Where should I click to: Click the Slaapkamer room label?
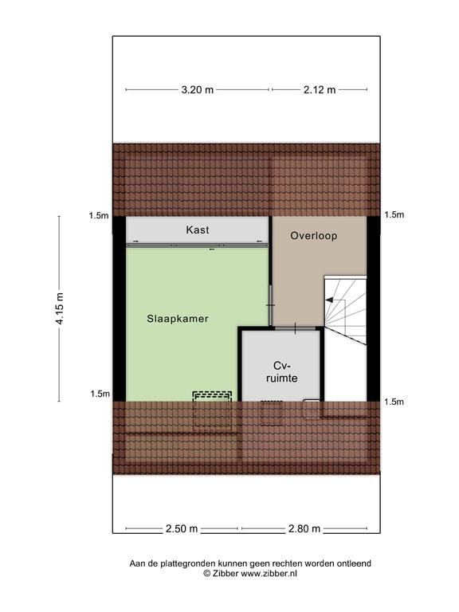pyautogui.click(x=178, y=319)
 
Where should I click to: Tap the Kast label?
pyautogui.click(x=198, y=229)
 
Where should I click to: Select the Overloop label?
pyautogui.click(x=314, y=236)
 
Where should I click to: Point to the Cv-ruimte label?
pyautogui.click(x=282, y=372)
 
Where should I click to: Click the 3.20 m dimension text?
pyautogui.click(x=198, y=90)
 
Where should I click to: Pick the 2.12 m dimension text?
pyautogui.click(x=320, y=90)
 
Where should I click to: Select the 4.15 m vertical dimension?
pyautogui.click(x=59, y=308)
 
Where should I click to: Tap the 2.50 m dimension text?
pyautogui.click(x=182, y=529)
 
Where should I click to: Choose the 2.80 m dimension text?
pyautogui.click(x=304, y=529)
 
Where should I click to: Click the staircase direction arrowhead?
pyautogui.click(x=329, y=300)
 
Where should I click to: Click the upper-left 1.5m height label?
pyautogui.click(x=99, y=215)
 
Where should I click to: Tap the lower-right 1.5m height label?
pyautogui.click(x=394, y=402)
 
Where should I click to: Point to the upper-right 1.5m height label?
pyautogui.click(x=394, y=214)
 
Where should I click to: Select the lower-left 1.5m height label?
pyautogui.click(x=100, y=394)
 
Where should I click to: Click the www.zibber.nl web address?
pyautogui.click(x=269, y=574)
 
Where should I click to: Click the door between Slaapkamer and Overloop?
pyautogui.click(x=270, y=305)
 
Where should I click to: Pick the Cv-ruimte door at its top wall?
pyautogui.click(x=295, y=328)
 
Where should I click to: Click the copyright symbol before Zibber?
pyautogui.click(x=207, y=574)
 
